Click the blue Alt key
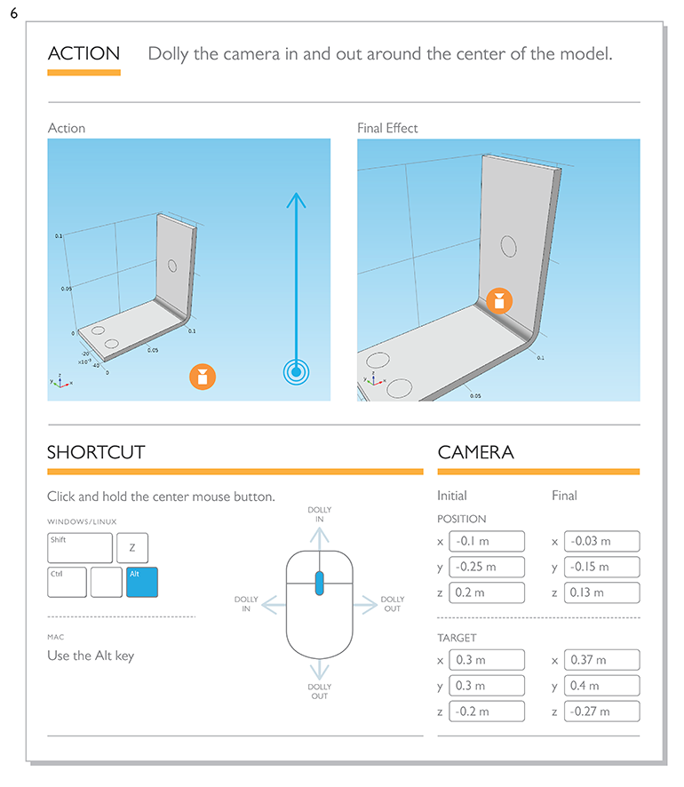(142, 582)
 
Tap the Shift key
(80, 547)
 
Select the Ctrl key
(67, 582)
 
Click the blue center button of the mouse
(320, 583)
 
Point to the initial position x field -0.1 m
(487, 541)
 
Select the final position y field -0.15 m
(601, 567)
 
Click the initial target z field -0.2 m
(487, 711)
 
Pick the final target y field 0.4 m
(601, 686)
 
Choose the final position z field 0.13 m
(601, 592)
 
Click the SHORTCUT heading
(96, 452)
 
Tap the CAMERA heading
(475, 452)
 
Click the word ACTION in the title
(84, 53)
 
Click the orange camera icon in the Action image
(203, 377)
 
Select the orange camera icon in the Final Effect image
(499, 300)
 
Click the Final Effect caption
(387, 128)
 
